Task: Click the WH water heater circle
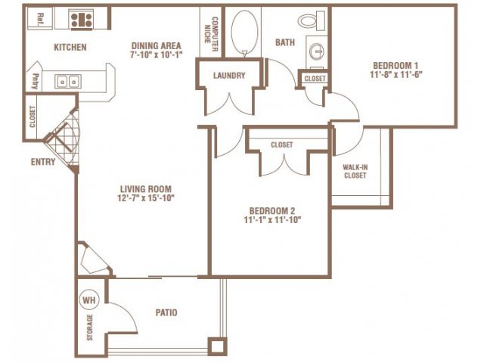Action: [89, 299]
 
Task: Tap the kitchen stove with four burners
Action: [81, 20]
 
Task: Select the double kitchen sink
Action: [68, 82]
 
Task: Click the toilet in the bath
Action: [312, 20]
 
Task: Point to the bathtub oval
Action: [244, 33]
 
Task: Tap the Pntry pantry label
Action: [36, 81]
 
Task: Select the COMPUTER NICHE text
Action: [212, 34]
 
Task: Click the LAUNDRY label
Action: [229, 76]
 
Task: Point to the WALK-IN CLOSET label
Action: [355, 172]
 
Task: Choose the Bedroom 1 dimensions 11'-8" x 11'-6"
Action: [396, 74]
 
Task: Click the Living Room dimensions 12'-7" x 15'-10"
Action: [146, 198]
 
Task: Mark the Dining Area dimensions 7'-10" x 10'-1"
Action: [157, 54]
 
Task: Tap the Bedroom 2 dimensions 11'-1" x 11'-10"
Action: [272, 220]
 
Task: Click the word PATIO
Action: [166, 312]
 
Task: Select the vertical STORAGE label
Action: [89, 327]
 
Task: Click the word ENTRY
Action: [43, 162]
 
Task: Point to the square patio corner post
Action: [217, 346]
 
